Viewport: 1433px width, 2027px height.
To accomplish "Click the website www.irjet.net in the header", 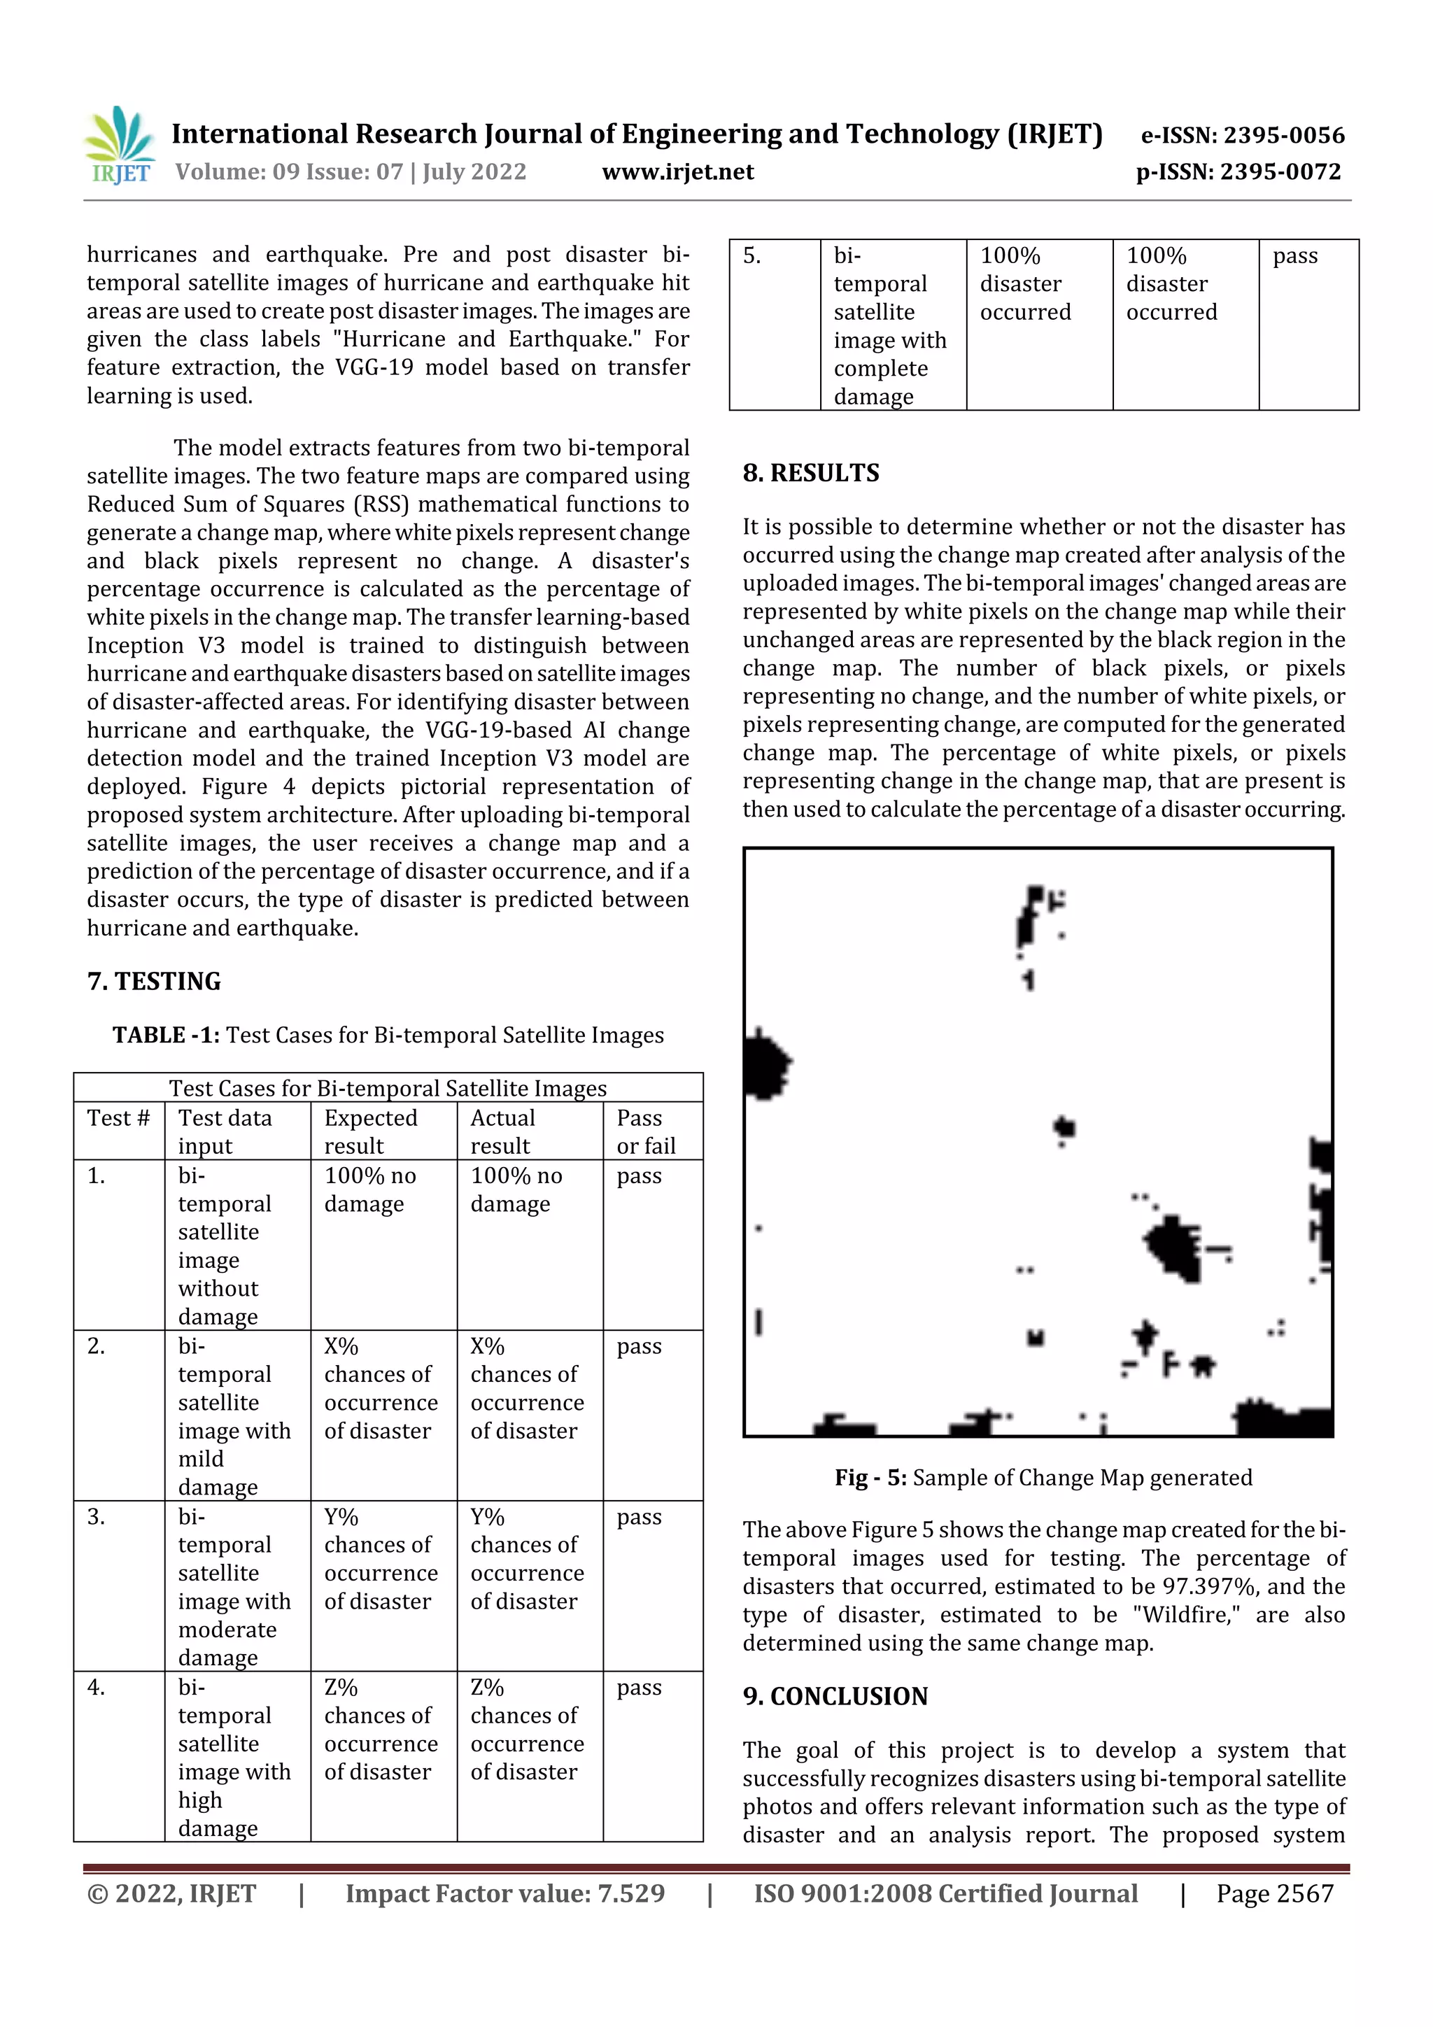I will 677,172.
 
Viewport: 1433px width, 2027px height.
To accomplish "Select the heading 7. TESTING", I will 154,981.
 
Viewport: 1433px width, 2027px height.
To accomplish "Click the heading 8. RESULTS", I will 810,473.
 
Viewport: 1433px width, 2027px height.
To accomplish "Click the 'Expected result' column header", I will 370,1131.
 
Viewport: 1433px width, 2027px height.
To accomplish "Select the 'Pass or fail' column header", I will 645,1131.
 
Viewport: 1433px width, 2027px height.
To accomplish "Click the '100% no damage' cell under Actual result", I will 516,1189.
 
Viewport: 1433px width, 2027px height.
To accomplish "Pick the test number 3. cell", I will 97,1517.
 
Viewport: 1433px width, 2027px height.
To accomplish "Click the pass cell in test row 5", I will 1294,256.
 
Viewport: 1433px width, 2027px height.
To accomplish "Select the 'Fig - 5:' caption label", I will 870,1478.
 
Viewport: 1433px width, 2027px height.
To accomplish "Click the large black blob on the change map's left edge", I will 765,1066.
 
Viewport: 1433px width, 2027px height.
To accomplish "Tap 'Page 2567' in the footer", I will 1274,1893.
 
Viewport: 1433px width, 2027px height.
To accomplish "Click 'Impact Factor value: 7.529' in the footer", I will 504,1893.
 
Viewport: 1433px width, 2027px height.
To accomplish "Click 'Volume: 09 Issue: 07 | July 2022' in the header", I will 351,172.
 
